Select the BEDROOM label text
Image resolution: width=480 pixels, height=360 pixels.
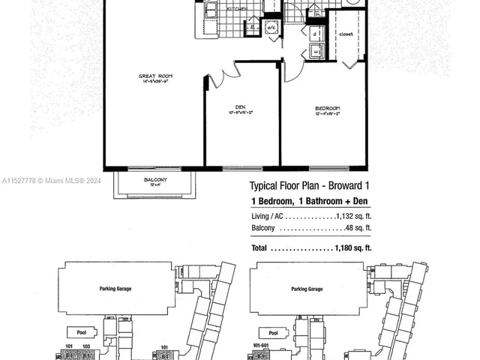[x=327, y=109]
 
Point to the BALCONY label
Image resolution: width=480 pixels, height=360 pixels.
[x=155, y=180]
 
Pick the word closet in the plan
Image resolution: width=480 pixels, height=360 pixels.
[x=346, y=34]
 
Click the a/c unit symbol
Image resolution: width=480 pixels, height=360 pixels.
[x=272, y=28]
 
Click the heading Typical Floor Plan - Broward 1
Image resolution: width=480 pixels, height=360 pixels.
[x=310, y=186]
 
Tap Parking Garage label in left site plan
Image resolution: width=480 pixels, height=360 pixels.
[x=117, y=288]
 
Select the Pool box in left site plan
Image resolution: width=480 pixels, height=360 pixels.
[x=77, y=331]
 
